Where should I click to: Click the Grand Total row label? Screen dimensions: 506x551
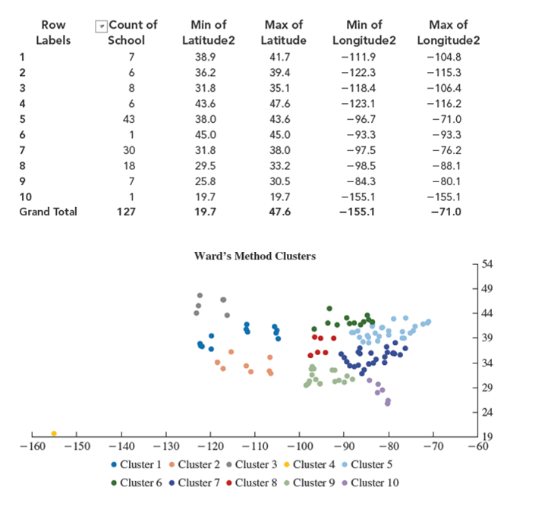48,212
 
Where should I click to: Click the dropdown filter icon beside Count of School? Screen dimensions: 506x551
99,26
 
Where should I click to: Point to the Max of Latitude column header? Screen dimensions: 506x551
283,33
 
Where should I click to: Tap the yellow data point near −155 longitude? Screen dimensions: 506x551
54,433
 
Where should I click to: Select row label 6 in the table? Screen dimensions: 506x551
23,134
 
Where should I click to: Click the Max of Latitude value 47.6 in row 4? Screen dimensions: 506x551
283,103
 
